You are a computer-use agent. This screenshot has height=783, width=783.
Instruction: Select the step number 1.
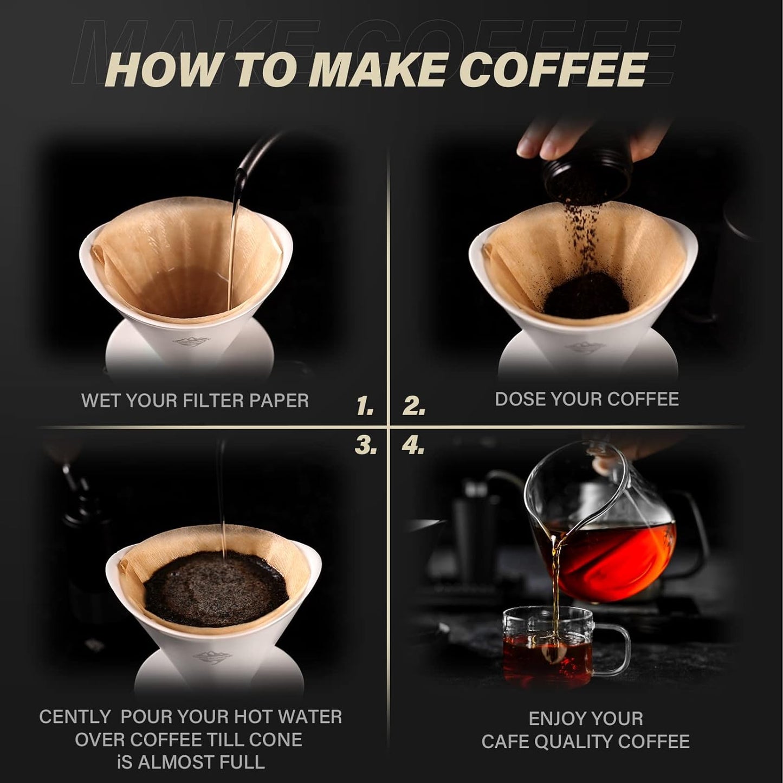[365, 406]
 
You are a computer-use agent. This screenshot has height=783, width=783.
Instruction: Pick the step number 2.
[414, 406]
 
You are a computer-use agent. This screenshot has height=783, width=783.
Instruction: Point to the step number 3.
[366, 446]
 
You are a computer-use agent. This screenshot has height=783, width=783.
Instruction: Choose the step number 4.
[413, 446]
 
